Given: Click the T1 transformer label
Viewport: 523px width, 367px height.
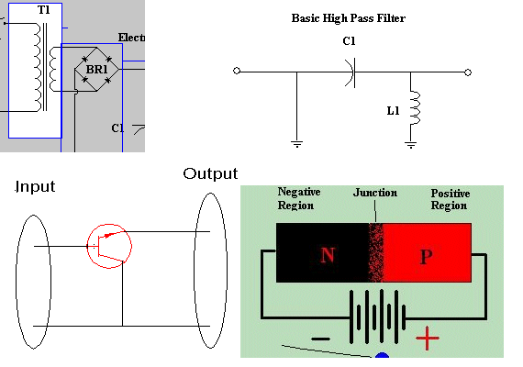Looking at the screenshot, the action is [44, 10].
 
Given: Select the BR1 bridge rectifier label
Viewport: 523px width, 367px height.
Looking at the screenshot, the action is [96, 70].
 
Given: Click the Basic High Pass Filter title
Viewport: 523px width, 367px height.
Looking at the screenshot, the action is [349, 18].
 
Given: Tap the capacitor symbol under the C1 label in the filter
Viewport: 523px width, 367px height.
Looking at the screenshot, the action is [351, 72].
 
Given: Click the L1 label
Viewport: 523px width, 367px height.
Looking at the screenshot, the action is [393, 111].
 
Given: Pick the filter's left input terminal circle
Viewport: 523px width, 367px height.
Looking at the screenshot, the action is [237, 71].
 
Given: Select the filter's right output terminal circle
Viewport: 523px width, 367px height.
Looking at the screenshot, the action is [468, 72].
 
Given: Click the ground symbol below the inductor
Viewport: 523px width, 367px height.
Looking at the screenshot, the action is [410, 145].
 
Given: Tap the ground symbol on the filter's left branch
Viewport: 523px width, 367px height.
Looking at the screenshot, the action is [296, 144].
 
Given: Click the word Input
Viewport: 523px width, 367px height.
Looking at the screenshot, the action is [35, 187].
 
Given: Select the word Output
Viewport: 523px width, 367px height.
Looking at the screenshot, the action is [210, 173].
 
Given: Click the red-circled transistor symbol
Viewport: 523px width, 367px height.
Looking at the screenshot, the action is [109, 246].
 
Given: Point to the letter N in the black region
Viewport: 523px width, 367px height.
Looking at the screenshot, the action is [328, 255].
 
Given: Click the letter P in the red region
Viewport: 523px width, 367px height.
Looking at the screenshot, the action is [426, 257].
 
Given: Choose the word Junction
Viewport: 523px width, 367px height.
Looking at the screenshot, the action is [375, 193].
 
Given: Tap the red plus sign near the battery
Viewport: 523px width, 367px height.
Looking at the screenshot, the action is [428, 339].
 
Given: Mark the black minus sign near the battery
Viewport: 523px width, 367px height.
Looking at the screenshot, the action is [320, 339].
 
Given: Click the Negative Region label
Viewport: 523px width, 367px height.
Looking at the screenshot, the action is [299, 198].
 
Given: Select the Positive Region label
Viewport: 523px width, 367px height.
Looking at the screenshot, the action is [451, 199].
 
